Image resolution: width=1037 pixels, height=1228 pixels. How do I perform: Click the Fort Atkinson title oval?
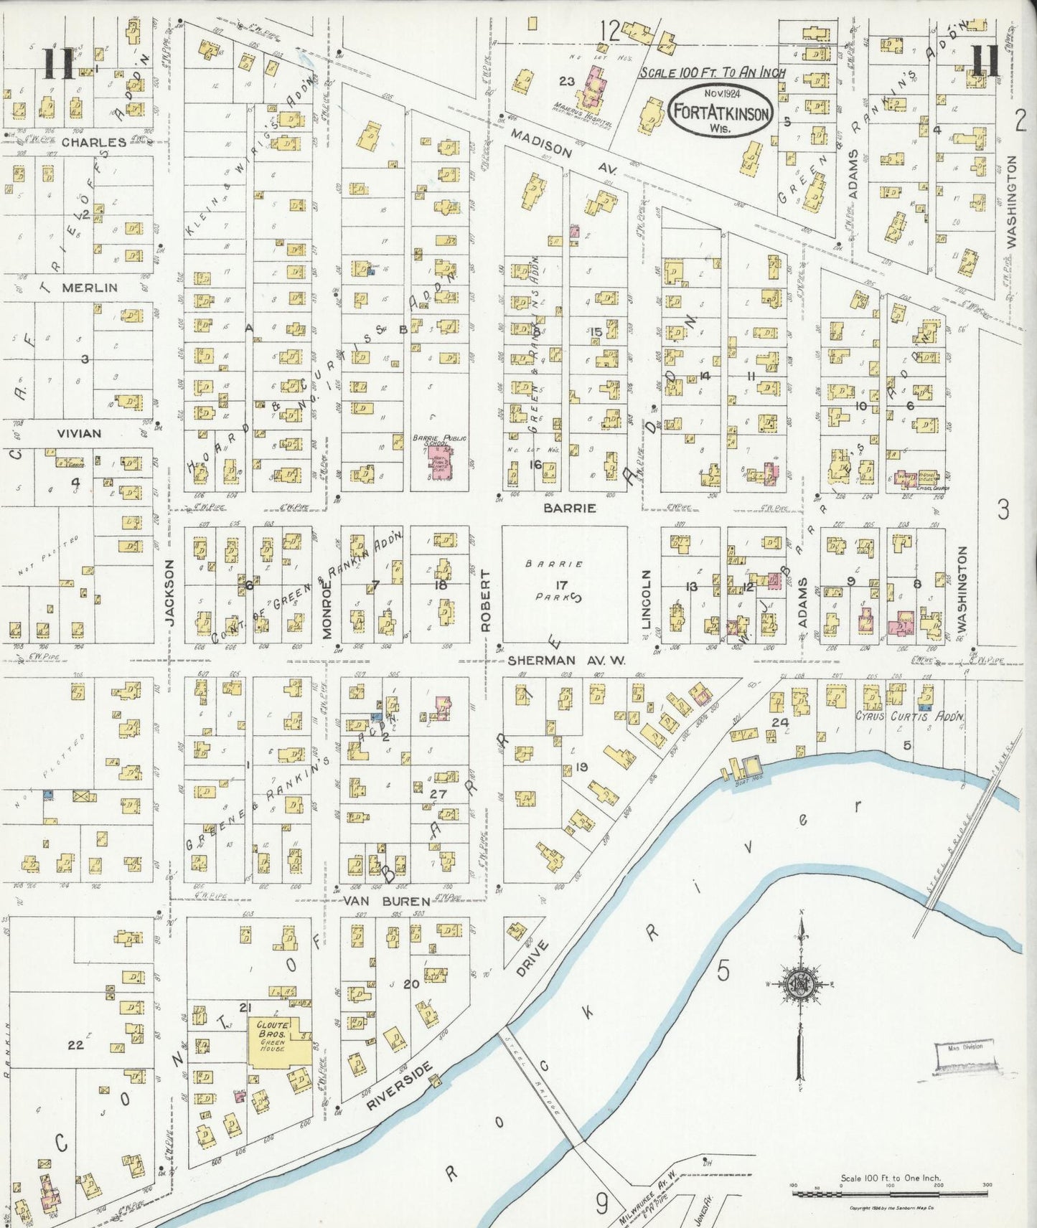click(721, 113)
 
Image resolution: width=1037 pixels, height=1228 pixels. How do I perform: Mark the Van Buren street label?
click(385, 901)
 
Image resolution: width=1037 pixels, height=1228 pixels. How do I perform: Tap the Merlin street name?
click(89, 288)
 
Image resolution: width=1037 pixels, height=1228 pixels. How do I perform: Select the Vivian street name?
click(79, 433)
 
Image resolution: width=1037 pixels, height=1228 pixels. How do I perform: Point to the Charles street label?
click(93, 142)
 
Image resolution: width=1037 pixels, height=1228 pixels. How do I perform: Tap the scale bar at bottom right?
click(890, 1194)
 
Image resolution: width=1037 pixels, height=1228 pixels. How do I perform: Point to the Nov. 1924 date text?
click(721, 93)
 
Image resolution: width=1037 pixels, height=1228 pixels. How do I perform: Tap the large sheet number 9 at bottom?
click(601, 1203)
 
